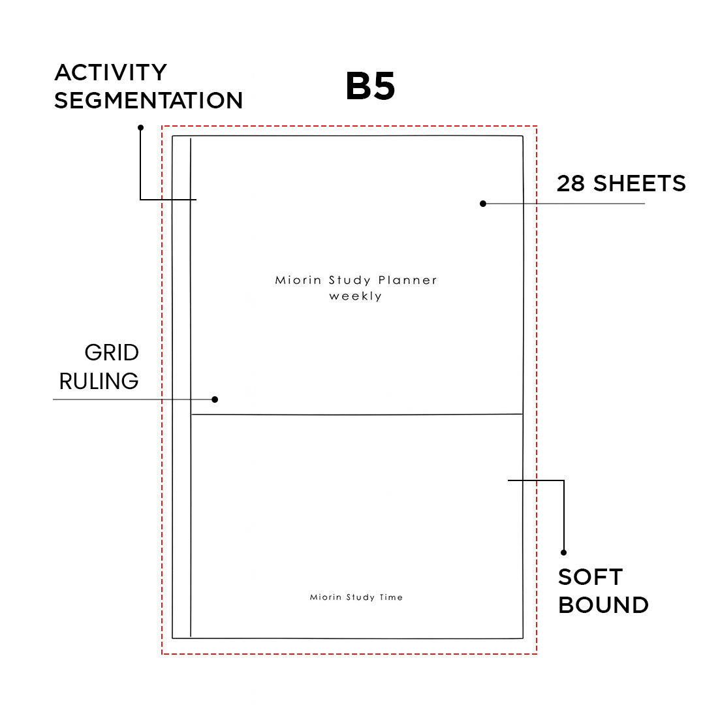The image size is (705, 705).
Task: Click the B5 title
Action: (x=370, y=87)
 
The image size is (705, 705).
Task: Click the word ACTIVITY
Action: (x=110, y=72)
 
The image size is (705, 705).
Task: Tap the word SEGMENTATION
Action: (x=148, y=101)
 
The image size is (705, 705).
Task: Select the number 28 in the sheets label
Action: (x=571, y=183)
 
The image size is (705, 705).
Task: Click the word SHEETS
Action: (x=639, y=183)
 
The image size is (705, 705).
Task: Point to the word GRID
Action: (x=112, y=353)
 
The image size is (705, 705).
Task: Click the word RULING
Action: (x=99, y=381)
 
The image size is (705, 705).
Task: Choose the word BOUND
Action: (x=603, y=605)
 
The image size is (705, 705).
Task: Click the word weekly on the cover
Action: (x=356, y=296)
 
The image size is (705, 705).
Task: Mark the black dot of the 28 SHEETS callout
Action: (x=483, y=204)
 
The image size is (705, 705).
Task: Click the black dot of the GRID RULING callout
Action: (x=215, y=399)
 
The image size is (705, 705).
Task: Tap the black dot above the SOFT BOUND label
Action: (x=563, y=552)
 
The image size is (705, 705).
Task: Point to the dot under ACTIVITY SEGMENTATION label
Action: (x=140, y=127)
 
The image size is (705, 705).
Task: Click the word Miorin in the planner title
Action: (x=298, y=281)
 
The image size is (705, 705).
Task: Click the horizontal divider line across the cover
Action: (x=356, y=415)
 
